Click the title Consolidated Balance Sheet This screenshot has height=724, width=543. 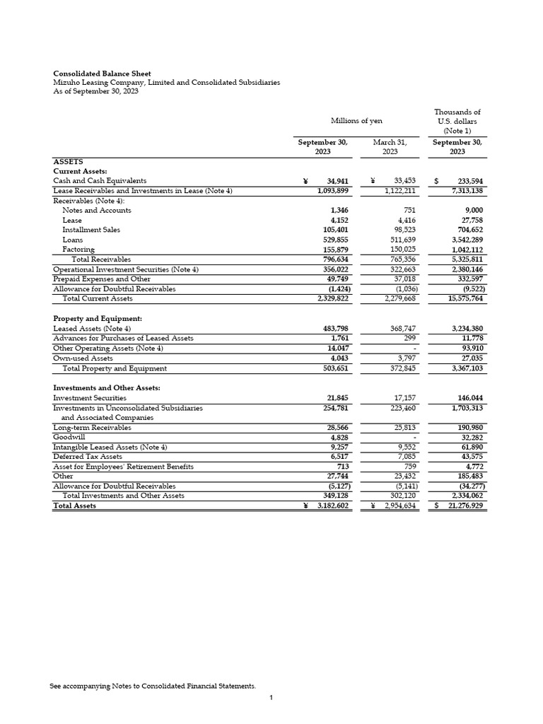click(103, 74)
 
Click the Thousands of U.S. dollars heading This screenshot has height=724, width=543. click(457, 121)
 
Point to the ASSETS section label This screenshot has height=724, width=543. click(69, 162)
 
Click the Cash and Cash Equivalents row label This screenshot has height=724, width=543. click(100, 181)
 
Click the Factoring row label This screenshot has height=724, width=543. click(78, 250)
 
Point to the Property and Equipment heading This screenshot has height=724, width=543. click(98, 319)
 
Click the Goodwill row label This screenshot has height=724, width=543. click(68, 437)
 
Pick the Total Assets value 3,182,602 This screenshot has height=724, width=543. click(332, 506)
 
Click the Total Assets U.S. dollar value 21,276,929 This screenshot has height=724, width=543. click(465, 506)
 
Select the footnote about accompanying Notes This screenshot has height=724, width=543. click(153, 686)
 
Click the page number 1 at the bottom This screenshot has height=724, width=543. click(271, 699)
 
